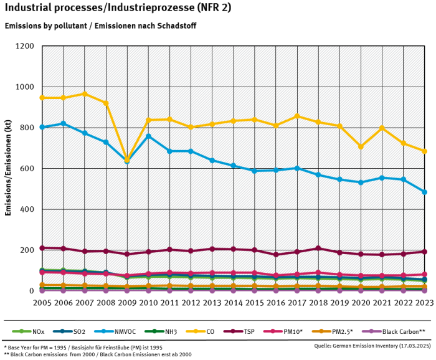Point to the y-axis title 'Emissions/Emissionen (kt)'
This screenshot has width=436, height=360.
pos(9,169)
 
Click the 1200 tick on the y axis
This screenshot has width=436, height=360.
pos(25,46)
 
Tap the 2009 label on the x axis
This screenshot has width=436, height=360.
pos(127,301)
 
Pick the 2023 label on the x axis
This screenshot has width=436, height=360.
pos(424,301)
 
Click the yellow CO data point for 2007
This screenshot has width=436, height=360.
pos(85,94)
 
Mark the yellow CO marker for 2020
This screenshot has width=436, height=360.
pos(361,146)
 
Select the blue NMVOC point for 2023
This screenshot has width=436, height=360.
pos(424,192)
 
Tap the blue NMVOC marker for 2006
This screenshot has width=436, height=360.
pos(64,123)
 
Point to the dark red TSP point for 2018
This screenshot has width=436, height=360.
pos(318,248)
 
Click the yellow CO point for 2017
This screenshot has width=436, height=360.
pos(297,116)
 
